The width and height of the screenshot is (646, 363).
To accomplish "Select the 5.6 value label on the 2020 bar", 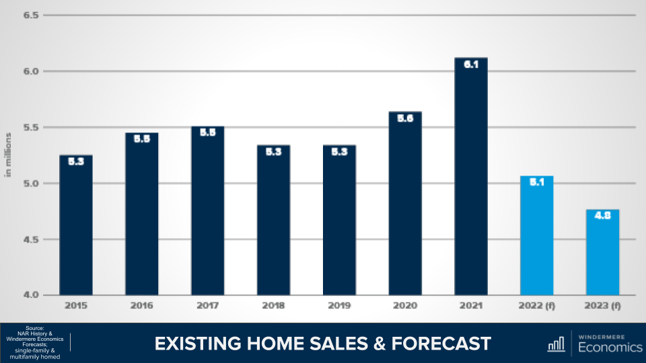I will pos(405,119).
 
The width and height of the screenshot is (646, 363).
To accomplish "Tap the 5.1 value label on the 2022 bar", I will pos(536,184).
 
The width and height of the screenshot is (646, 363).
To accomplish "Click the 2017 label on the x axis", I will pos(207,306).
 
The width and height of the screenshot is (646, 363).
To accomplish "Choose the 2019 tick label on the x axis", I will pos(339,306).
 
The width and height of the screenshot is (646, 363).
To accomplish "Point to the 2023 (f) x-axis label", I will pos(602,306).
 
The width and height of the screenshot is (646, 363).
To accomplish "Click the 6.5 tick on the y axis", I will pos(31,15).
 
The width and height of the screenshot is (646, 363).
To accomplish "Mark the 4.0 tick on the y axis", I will pos(31,295).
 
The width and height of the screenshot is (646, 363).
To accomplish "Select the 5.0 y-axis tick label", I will pos(31,184).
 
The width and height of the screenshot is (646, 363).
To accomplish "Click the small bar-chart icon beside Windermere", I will pos(556,344).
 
